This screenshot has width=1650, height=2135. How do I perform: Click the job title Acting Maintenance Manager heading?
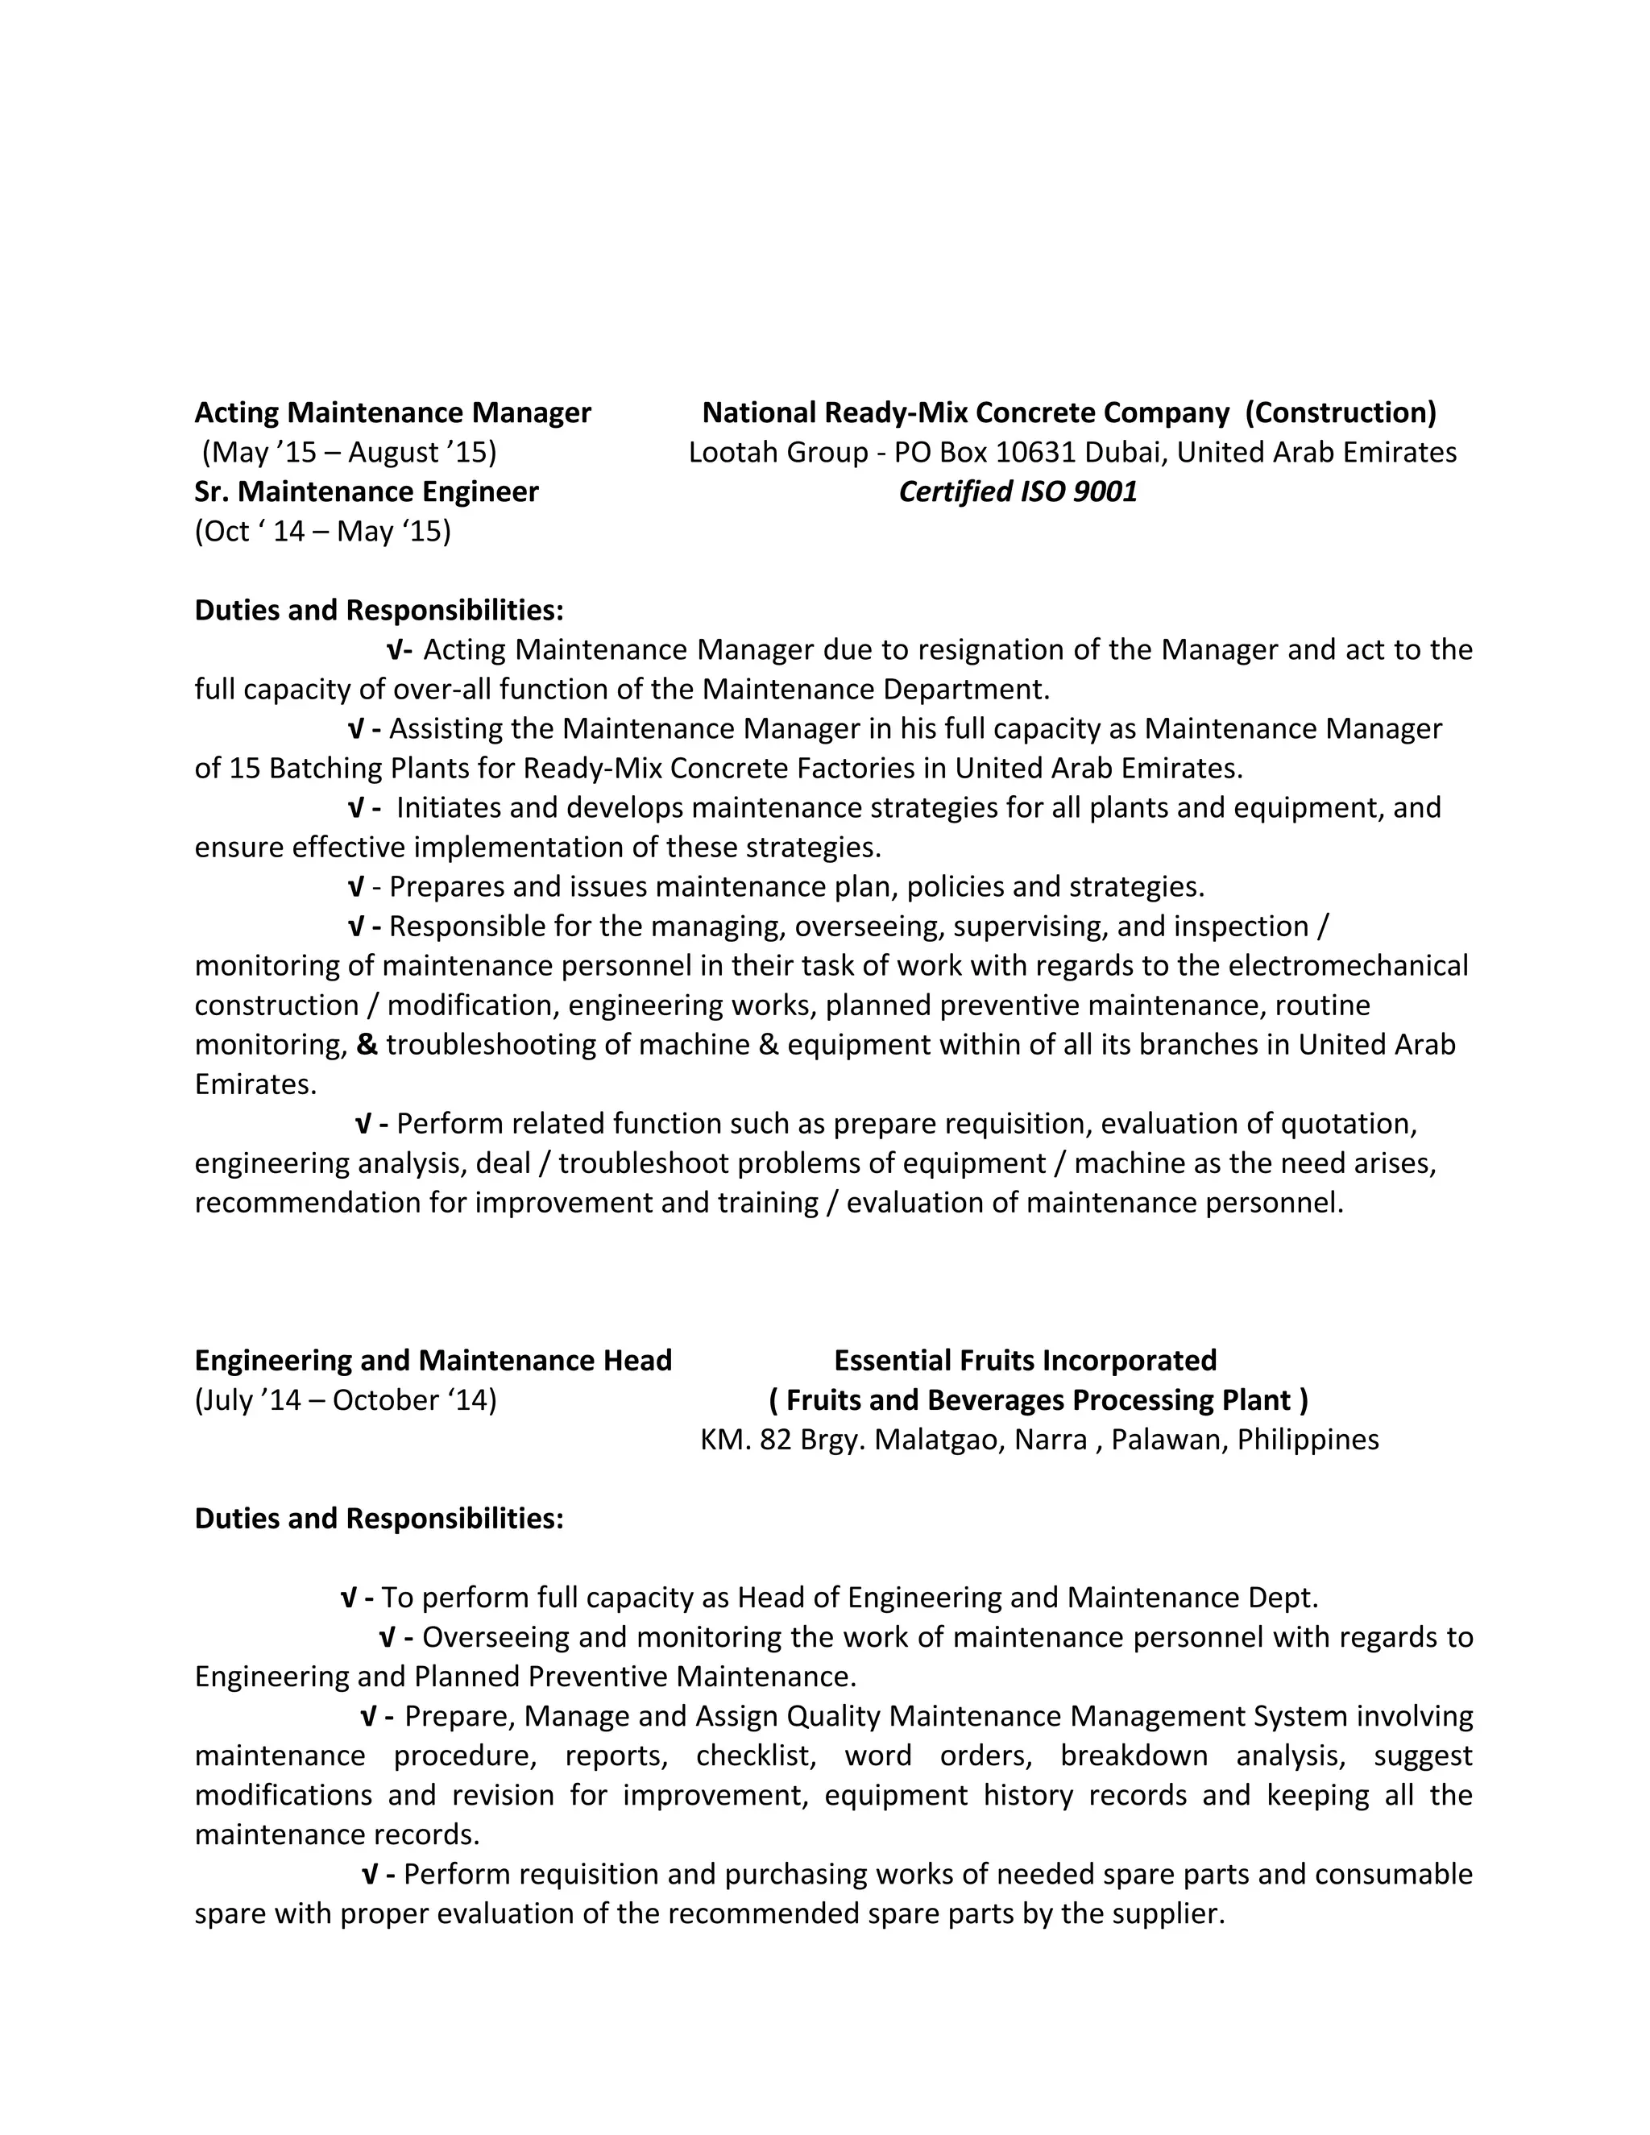(x=392, y=412)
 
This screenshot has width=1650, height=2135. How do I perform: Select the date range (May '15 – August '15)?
(x=349, y=453)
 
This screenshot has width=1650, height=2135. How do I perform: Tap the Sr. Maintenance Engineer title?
(x=366, y=491)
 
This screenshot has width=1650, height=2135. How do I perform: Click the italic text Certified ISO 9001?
(x=1018, y=491)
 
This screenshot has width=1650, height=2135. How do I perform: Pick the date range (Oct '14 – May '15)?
(x=322, y=532)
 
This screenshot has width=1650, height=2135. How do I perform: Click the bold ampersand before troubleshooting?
(x=367, y=1045)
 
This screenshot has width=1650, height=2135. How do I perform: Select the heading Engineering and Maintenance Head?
(x=433, y=1361)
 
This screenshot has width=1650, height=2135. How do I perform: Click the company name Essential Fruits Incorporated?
(x=1025, y=1361)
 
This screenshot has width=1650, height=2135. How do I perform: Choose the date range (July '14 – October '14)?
(x=345, y=1401)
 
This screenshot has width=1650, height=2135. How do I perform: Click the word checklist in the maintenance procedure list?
(x=756, y=1756)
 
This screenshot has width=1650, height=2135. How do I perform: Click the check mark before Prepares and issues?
(x=356, y=887)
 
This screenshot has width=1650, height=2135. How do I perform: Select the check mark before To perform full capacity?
(x=347, y=1598)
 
